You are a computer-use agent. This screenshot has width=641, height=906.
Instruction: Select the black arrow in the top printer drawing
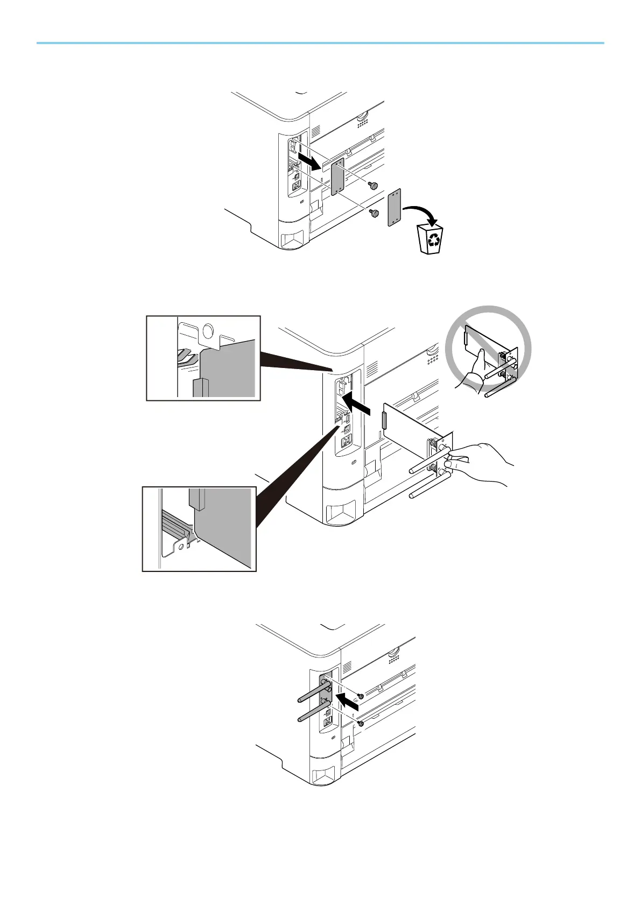pos(311,161)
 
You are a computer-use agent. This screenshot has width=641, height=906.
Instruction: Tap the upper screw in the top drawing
pos(372,186)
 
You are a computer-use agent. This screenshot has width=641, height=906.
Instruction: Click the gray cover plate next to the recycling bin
pos(395,207)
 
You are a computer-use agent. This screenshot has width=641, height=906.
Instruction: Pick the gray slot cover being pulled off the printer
pos(337,178)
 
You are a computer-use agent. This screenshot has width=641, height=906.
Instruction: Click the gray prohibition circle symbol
pos(489,349)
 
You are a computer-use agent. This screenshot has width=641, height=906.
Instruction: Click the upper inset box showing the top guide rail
pos(203,358)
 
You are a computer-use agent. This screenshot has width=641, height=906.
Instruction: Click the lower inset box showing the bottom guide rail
pos(199,528)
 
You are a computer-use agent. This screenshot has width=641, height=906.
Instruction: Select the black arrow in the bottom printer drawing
pos(348,700)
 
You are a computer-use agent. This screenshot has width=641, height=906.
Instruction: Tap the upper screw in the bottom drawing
pos(361,696)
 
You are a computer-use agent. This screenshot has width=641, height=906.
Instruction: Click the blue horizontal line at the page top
pos(320,43)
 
